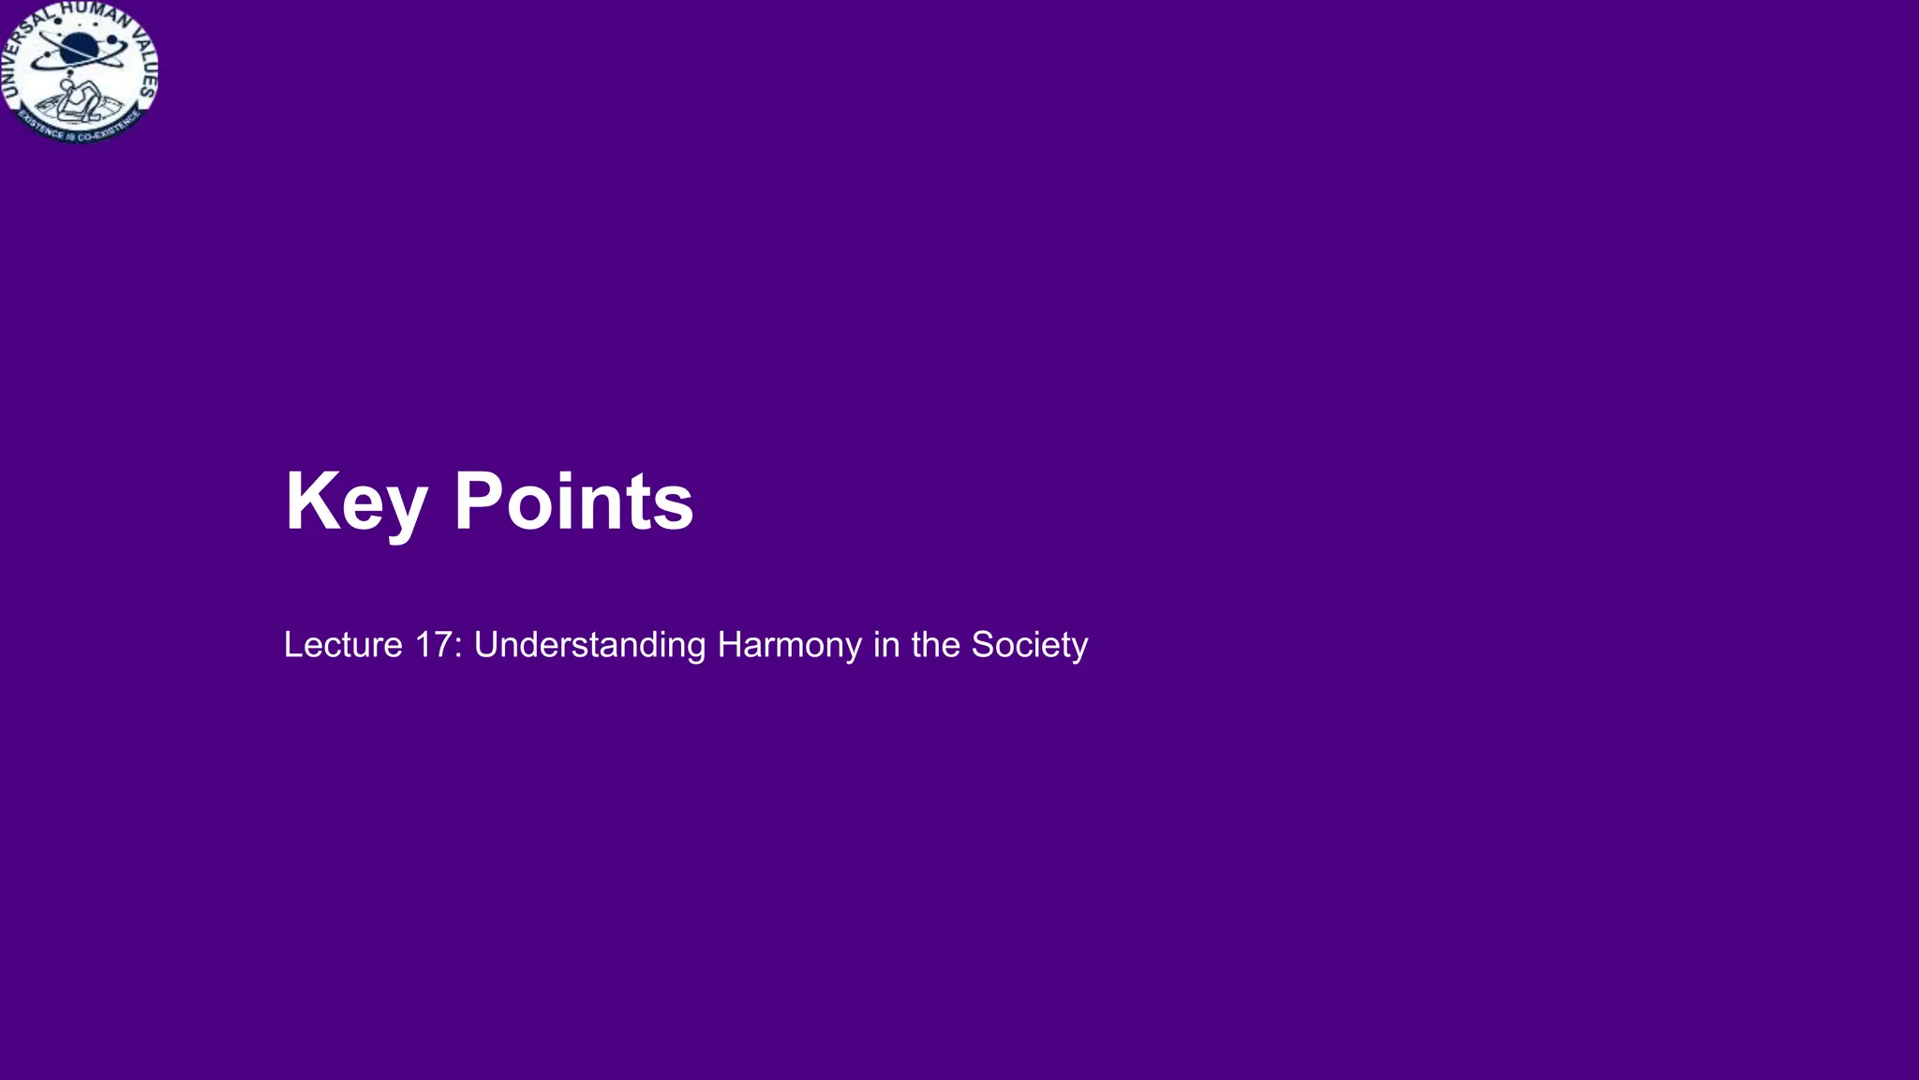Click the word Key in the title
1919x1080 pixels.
(x=356, y=502)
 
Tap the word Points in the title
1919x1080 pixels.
(x=573, y=502)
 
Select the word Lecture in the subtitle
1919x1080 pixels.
(x=343, y=645)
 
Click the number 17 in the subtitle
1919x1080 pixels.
(x=433, y=645)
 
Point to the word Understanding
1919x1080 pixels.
(x=589, y=645)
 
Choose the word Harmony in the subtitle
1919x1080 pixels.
(x=789, y=645)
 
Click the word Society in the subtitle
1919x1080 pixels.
(x=1029, y=645)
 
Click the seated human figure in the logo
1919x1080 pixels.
(x=79, y=101)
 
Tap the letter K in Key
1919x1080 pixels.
(x=308, y=502)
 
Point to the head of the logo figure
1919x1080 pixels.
(x=67, y=86)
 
